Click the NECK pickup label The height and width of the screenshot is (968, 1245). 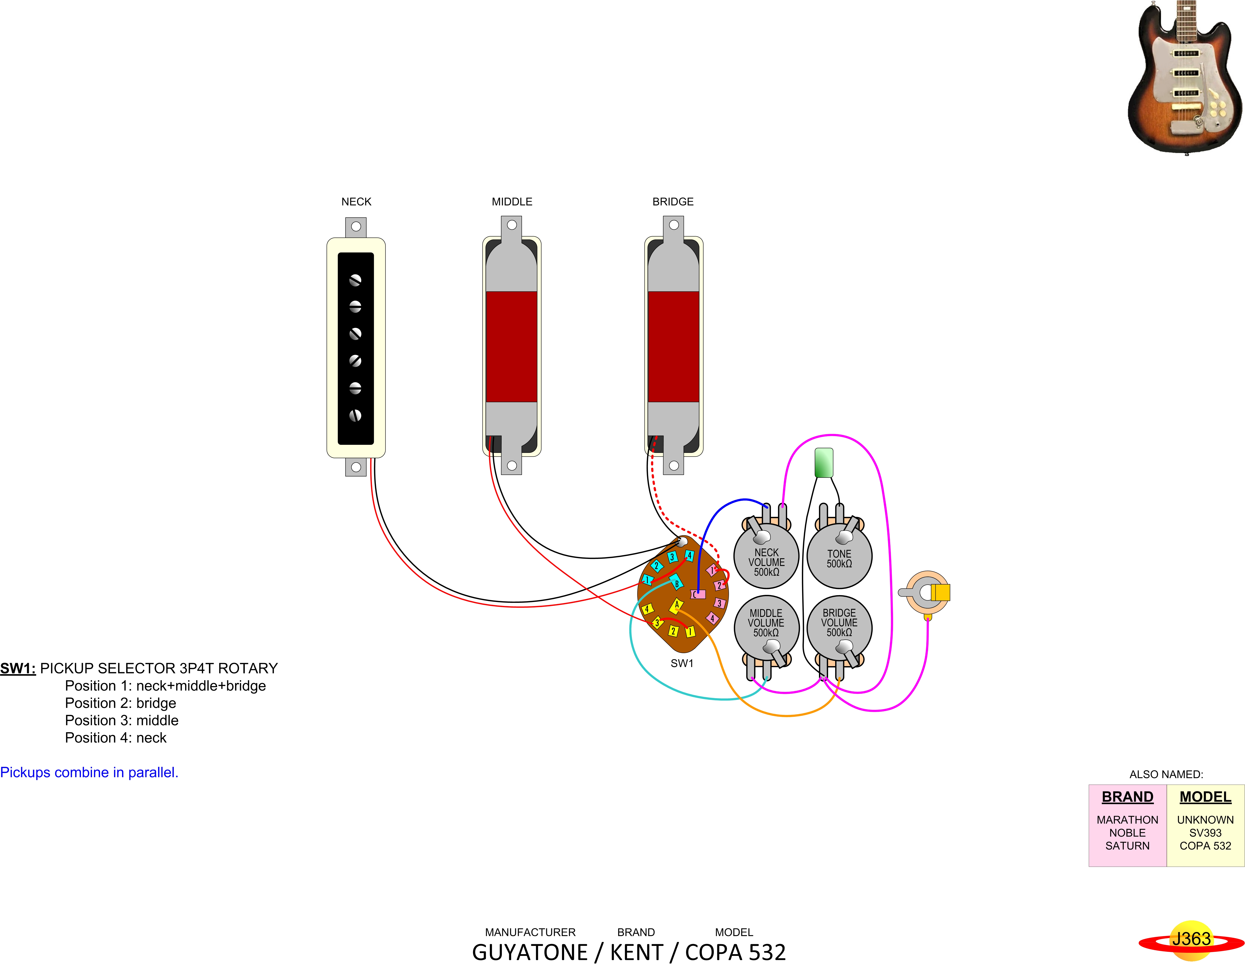356,202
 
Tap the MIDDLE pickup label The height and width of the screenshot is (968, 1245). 512,202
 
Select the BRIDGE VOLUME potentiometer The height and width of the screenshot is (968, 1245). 839,624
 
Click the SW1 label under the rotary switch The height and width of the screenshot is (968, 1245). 682,663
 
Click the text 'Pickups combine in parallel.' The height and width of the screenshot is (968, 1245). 89,772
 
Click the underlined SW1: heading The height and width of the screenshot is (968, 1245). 18,668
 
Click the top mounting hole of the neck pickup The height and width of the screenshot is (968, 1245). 356,226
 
